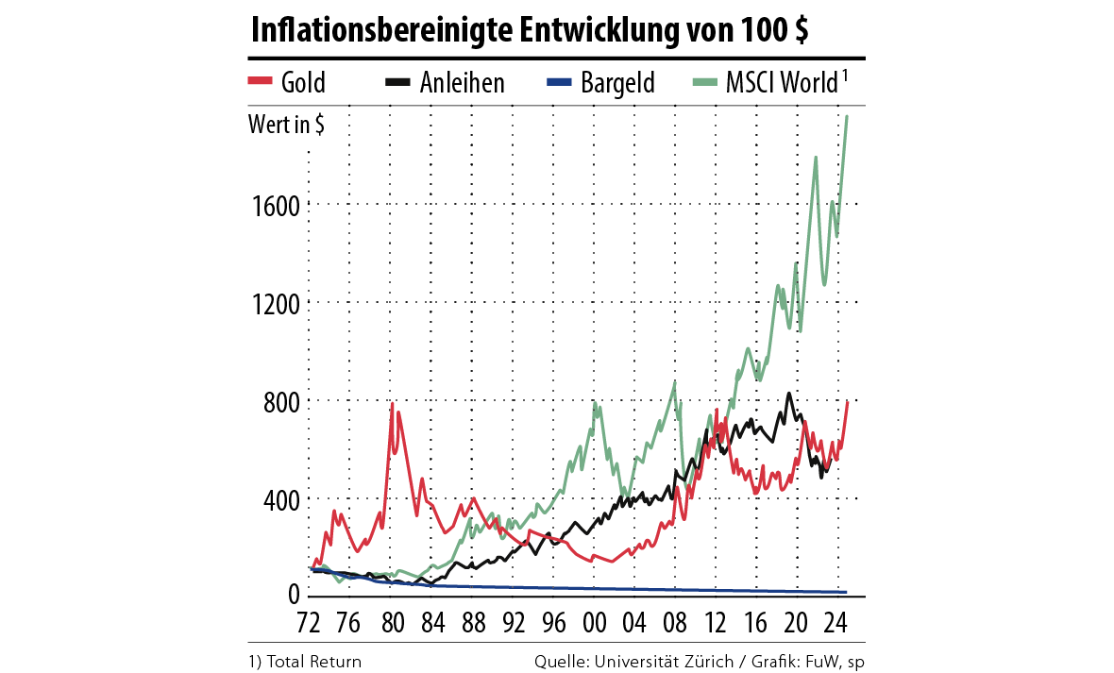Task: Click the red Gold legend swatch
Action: (260, 81)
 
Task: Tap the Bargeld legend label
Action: (618, 82)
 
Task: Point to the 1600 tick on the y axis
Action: (275, 206)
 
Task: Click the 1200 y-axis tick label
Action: (275, 304)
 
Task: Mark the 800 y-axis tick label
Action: (280, 402)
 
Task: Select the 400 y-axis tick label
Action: (280, 499)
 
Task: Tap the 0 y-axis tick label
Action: (293, 596)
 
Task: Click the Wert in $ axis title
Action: (286, 124)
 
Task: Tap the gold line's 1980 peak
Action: (393, 404)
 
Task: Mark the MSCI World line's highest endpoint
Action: (847, 116)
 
